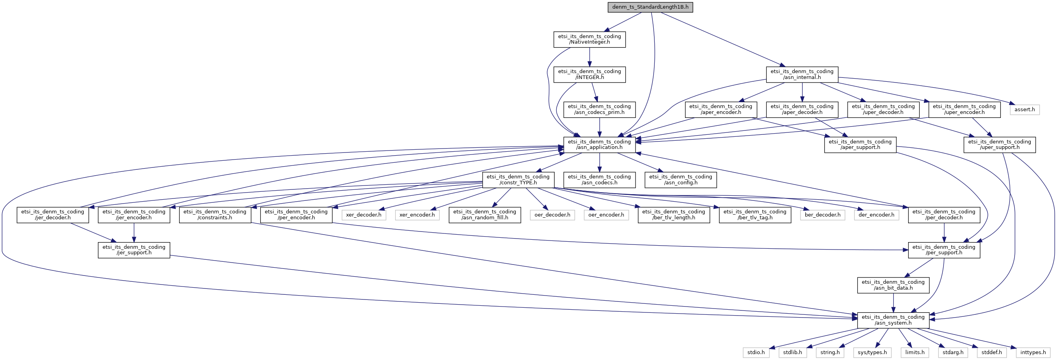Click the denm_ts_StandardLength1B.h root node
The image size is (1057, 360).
(x=650, y=7)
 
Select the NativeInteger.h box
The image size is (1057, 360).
(x=589, y=39)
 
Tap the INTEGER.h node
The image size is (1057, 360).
(x=589, y=74)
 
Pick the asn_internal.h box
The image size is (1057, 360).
(x=802, y=74)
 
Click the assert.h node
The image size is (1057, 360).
(x=1024, y=110)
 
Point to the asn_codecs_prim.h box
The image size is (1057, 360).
(x=599, y=110)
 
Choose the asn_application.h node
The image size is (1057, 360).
(x=599, y=145)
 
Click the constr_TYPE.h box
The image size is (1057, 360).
(x=518, y=180)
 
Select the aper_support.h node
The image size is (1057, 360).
(x=860, y=145)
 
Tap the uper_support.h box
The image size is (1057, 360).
(x=999, y=145)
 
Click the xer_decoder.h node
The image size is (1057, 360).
(x=363, y=215)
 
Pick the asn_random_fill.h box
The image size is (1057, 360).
(x=485, y=215)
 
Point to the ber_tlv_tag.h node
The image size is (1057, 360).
(x=755, y=215)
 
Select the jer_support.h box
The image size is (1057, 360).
(x=134, y=250)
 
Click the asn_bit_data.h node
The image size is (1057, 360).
(x=893, y=285)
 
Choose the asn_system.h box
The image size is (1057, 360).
(x=893, y=320)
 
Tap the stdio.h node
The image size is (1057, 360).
(x=756, y=352)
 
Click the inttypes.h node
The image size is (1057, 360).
(x=1033, y=352)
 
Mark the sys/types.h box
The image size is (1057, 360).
(x=872, y=352)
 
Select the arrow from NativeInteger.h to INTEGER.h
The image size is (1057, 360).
(x=589, y=57)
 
